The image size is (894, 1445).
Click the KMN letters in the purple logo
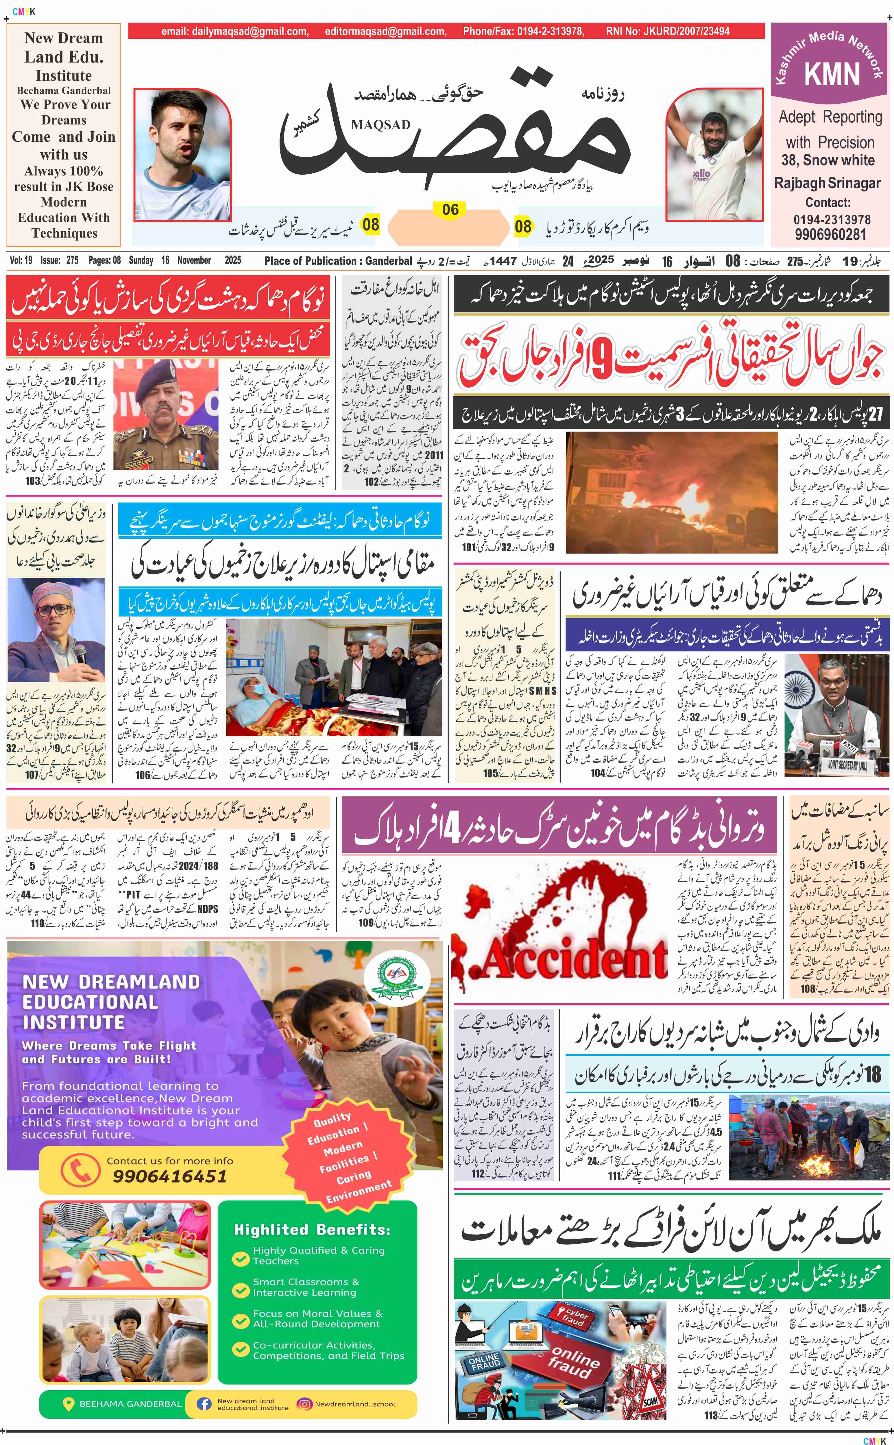pyautogui.click(x=831, y=75)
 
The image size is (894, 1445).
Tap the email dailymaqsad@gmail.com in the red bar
pyautogui.click(x=235, y=31)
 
